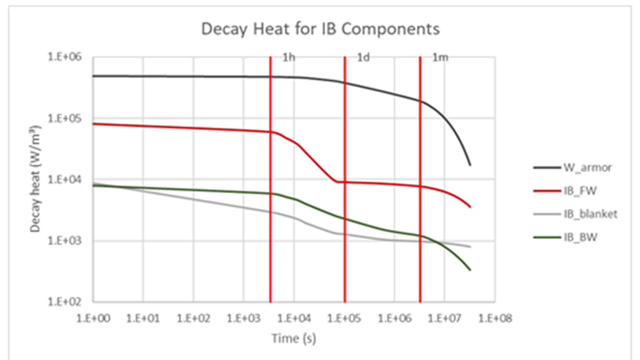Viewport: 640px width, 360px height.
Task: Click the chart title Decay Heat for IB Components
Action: pyautogui.click(x=320, y=29)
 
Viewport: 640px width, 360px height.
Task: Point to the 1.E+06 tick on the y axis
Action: pyautogui.click(x=65, y=57)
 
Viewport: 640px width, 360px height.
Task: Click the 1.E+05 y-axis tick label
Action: pyautogui.click(x=65, y=118)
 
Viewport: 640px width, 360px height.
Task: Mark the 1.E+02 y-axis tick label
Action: pyautogui.click(x=65, y=302)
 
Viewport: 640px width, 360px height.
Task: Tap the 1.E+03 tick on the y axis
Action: pyautogui.click(x=65, y=241)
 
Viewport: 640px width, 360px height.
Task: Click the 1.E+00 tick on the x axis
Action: pyautogui.click(x=93, y=318)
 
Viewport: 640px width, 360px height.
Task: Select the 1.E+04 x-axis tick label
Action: pyautogui.click(x=294, y=318)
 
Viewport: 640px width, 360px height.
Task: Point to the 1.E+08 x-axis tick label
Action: pyautogui.click(x=495, y=318)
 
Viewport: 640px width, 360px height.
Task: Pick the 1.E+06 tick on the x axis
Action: pyautogui.click(x=395, y=318)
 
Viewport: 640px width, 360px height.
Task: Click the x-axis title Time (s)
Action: pyautogui.click(x=294, y=339)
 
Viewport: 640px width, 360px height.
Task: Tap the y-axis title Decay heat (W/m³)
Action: pyautogui.click(x=35, y=179)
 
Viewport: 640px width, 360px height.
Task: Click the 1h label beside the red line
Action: pyautogui.click(x=289, y=58)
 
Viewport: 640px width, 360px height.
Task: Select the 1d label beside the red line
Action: pyautogui.click(x=363, y=58)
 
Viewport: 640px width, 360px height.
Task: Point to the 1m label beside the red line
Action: pyautogui.click(x=440, y=58)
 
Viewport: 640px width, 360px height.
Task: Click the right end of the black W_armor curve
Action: pyautogui.click(x=470, y=165)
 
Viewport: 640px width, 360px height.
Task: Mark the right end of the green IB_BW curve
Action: pyautogui.click(x=470, y=270)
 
